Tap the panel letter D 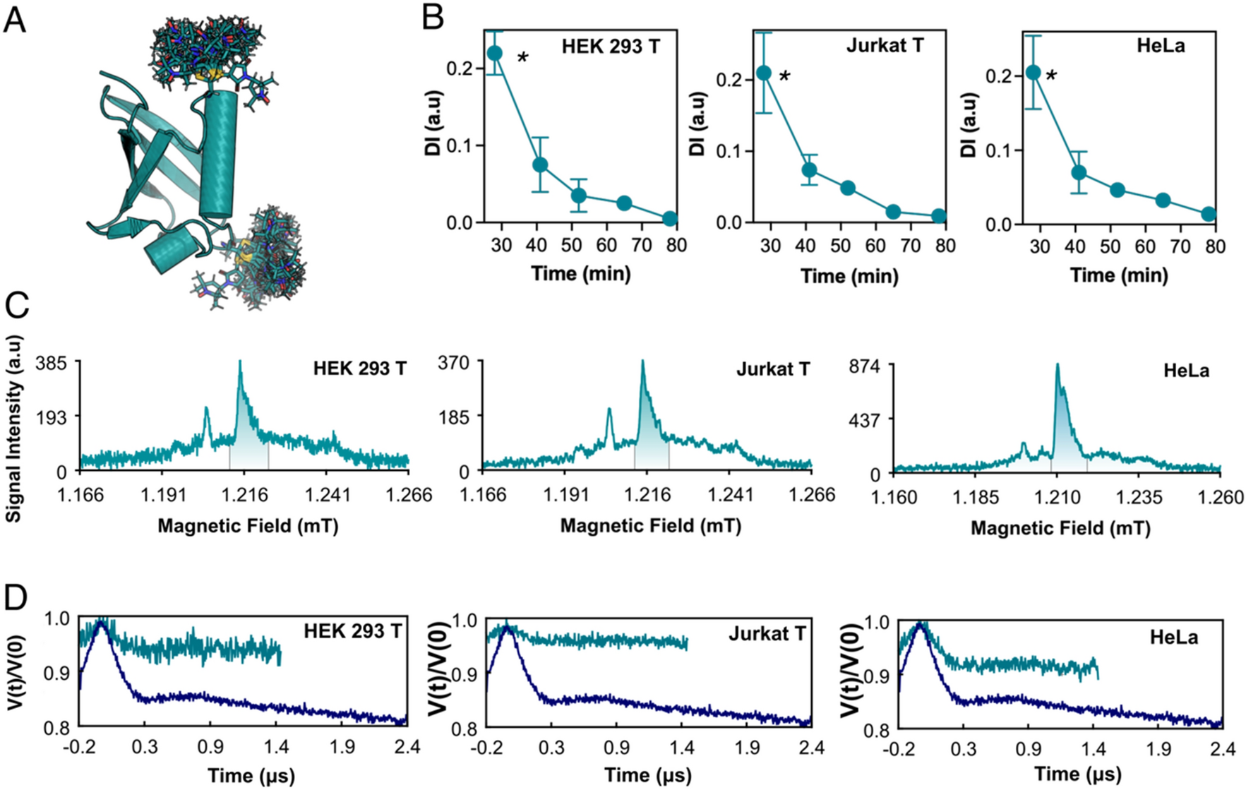point(16,597)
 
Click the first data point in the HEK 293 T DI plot point(494,54)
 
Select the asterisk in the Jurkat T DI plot point(784,76)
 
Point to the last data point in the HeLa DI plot point(1208,214)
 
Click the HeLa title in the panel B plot point(1161,46)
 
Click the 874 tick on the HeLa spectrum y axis point(865,366)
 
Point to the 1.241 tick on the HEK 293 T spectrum point(328,494)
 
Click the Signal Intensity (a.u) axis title point(13,429)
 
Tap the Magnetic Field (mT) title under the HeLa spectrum point(1060,528)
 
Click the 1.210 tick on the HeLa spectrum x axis point(1057,498)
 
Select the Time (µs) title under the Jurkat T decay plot point(647,775)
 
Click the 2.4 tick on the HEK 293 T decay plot point(407,747)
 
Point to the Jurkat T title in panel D point(767,633)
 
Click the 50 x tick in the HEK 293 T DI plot point(572,245)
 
